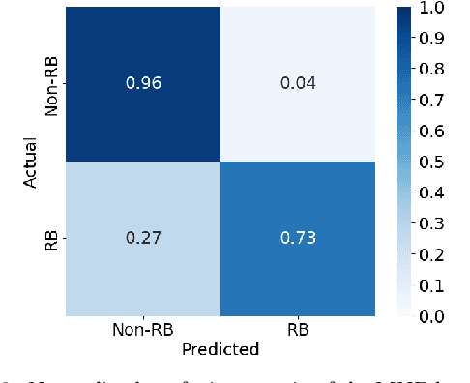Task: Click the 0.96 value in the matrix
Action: tap(142, 83)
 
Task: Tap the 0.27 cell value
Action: tap(142, 238)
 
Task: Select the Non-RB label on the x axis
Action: tap(142, 330)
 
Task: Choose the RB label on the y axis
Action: tap(54, 238)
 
